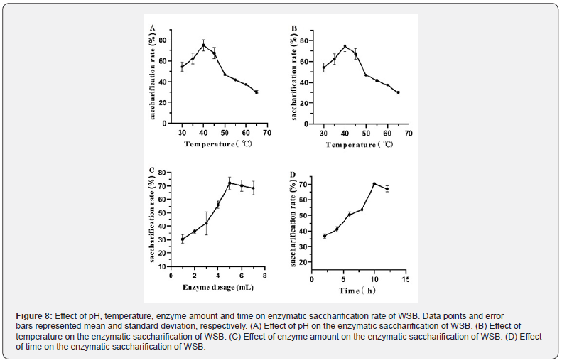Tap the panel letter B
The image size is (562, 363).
point(294,28)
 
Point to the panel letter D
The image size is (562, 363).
point(294,175)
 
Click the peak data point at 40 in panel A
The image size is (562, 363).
point(203,45)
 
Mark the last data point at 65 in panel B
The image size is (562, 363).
point(399,93)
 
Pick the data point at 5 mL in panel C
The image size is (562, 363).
point(229,183)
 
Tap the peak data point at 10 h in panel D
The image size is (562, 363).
point(374,184)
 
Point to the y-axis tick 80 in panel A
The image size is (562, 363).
point(163,40)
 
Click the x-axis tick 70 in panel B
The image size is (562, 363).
point(409,133)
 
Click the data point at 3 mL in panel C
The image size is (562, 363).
point(206,223)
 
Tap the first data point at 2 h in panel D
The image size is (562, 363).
point(324,236)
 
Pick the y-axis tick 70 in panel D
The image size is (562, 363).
point(303,185)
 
